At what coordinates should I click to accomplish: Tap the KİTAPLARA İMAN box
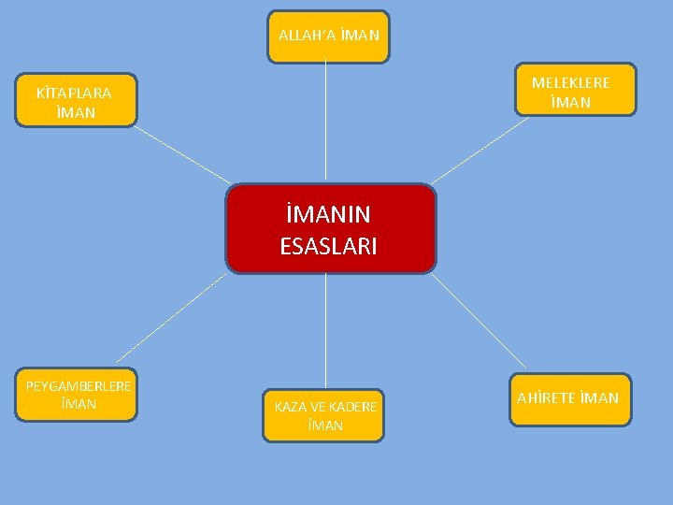click(75, 100)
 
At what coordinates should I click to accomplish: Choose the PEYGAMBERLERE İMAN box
click(77, 396)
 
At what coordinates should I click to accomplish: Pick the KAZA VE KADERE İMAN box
click(323, 416)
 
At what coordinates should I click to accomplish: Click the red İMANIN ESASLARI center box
click(331, 229)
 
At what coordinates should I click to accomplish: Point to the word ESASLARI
click(328, 246)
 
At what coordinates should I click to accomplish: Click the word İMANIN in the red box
click(328, 214)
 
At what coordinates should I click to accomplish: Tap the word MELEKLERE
click(570, 82)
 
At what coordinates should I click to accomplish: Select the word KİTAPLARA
click(74, 93)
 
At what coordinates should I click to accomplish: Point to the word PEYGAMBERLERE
click(79, 386)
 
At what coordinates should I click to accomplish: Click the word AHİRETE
click(544, 398)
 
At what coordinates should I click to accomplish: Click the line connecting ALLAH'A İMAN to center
click(325, 122)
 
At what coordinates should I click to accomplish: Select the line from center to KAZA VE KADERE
click(325, 332)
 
